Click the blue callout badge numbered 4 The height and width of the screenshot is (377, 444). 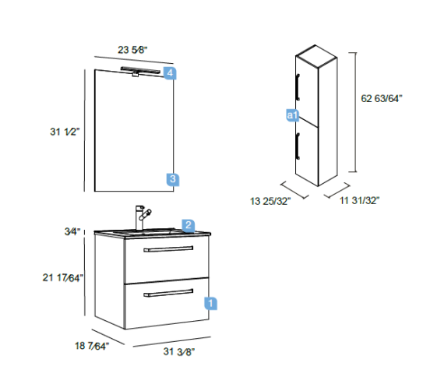click(x=170, y=73)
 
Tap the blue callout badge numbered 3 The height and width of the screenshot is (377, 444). click(x=173, y=179)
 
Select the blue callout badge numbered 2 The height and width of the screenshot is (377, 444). click(x=189, y=225)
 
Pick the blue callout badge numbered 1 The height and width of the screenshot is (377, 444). click(x=210, y=303)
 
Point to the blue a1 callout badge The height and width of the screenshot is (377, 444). click(x=292, y=115)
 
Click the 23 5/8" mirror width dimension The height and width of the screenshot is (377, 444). click(x=132, y=50)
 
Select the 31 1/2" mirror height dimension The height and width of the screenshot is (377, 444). click(x=65, y=132)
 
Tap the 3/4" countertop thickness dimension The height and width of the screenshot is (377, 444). click(x=72, y=231)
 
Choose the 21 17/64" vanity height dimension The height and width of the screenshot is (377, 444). click(x=63, y=277)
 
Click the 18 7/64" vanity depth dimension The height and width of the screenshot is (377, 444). click(x=92, y=346)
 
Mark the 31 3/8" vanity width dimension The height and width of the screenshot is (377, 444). click(x=179, y=351)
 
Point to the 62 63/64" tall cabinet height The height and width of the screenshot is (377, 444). click(x=382, y=99)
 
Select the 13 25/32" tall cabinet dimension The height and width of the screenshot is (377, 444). click(x=270, y=201)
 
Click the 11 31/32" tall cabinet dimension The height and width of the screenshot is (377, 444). click(x=359, y=200)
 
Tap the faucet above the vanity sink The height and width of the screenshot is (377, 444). click(x=143, y=217)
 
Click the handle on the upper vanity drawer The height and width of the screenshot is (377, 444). click(x=168, y=249)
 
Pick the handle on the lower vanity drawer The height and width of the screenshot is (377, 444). click(x=168, y=293)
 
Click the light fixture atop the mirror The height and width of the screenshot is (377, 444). click(x=140, y=71)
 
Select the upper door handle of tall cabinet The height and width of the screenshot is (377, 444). click(x=298, y=87)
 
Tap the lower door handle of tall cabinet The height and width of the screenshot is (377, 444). click(x=298, y=146)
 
